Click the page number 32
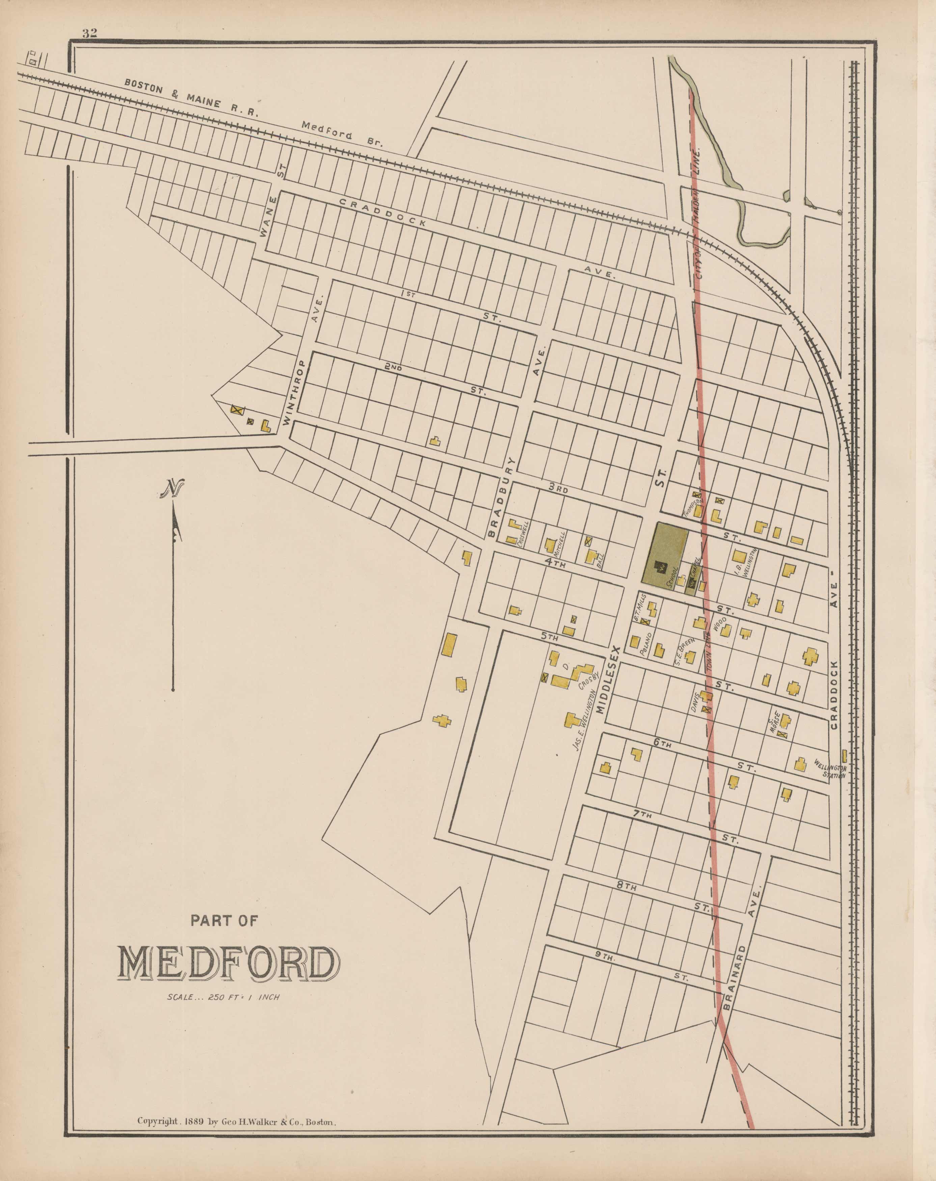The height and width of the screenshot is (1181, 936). [x=90, y=33]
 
